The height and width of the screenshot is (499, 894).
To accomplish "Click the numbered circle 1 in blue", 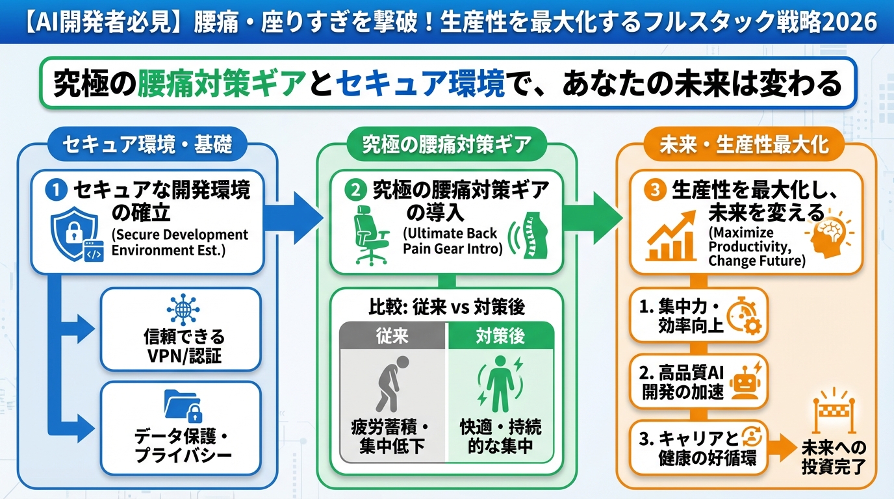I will [57, 190].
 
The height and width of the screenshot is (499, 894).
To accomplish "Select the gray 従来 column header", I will [393, 337].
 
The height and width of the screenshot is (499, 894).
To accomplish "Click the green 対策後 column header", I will [501, 337].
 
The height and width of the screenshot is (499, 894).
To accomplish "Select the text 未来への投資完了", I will [834, 458].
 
